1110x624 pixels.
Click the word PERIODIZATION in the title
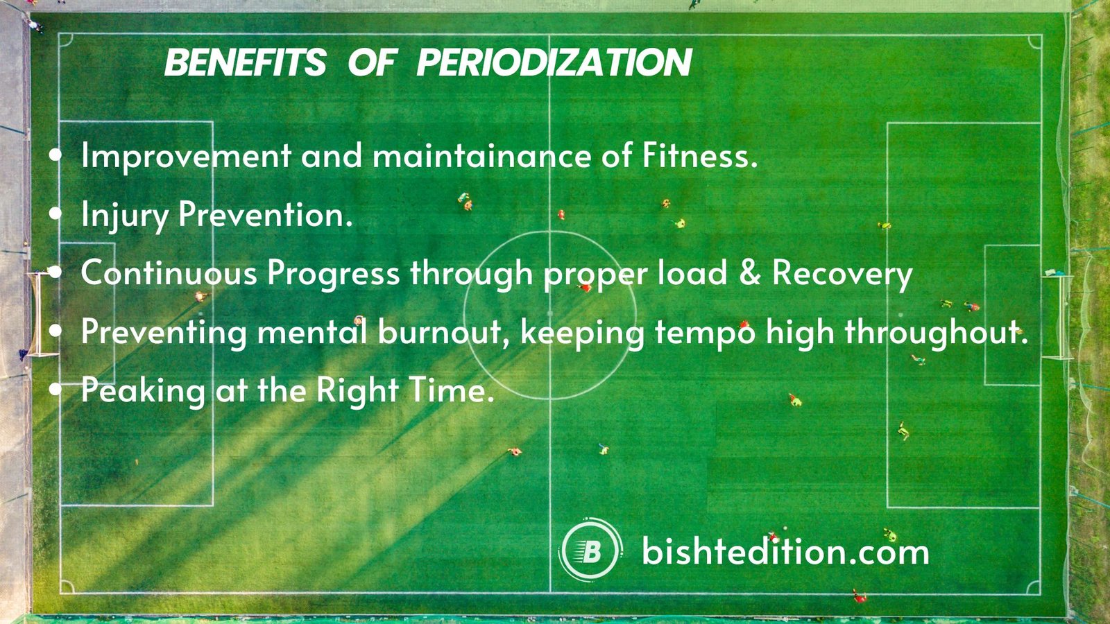554,63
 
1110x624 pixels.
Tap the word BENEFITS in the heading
245,63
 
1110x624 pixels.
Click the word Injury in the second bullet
124,215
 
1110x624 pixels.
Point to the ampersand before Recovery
749,272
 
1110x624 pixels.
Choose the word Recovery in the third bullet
842,274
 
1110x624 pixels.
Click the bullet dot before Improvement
56,156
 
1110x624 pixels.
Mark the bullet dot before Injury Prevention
56,215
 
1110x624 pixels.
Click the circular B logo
590,551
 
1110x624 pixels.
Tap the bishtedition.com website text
785,552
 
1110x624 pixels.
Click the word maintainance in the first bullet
481,155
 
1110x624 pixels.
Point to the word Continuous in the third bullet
169,273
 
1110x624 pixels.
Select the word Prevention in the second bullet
265,215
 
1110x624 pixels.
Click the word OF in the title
371,63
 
